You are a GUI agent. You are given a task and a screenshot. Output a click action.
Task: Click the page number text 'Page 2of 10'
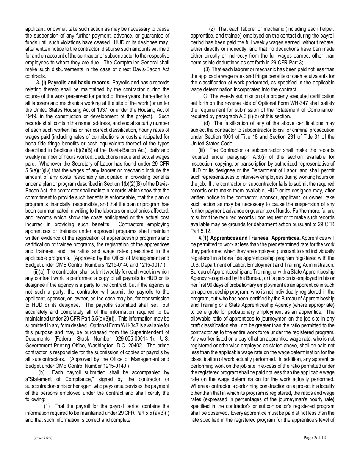(x=315, y=438)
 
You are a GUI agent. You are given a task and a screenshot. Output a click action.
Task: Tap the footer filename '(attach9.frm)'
(x=42, y=438)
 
